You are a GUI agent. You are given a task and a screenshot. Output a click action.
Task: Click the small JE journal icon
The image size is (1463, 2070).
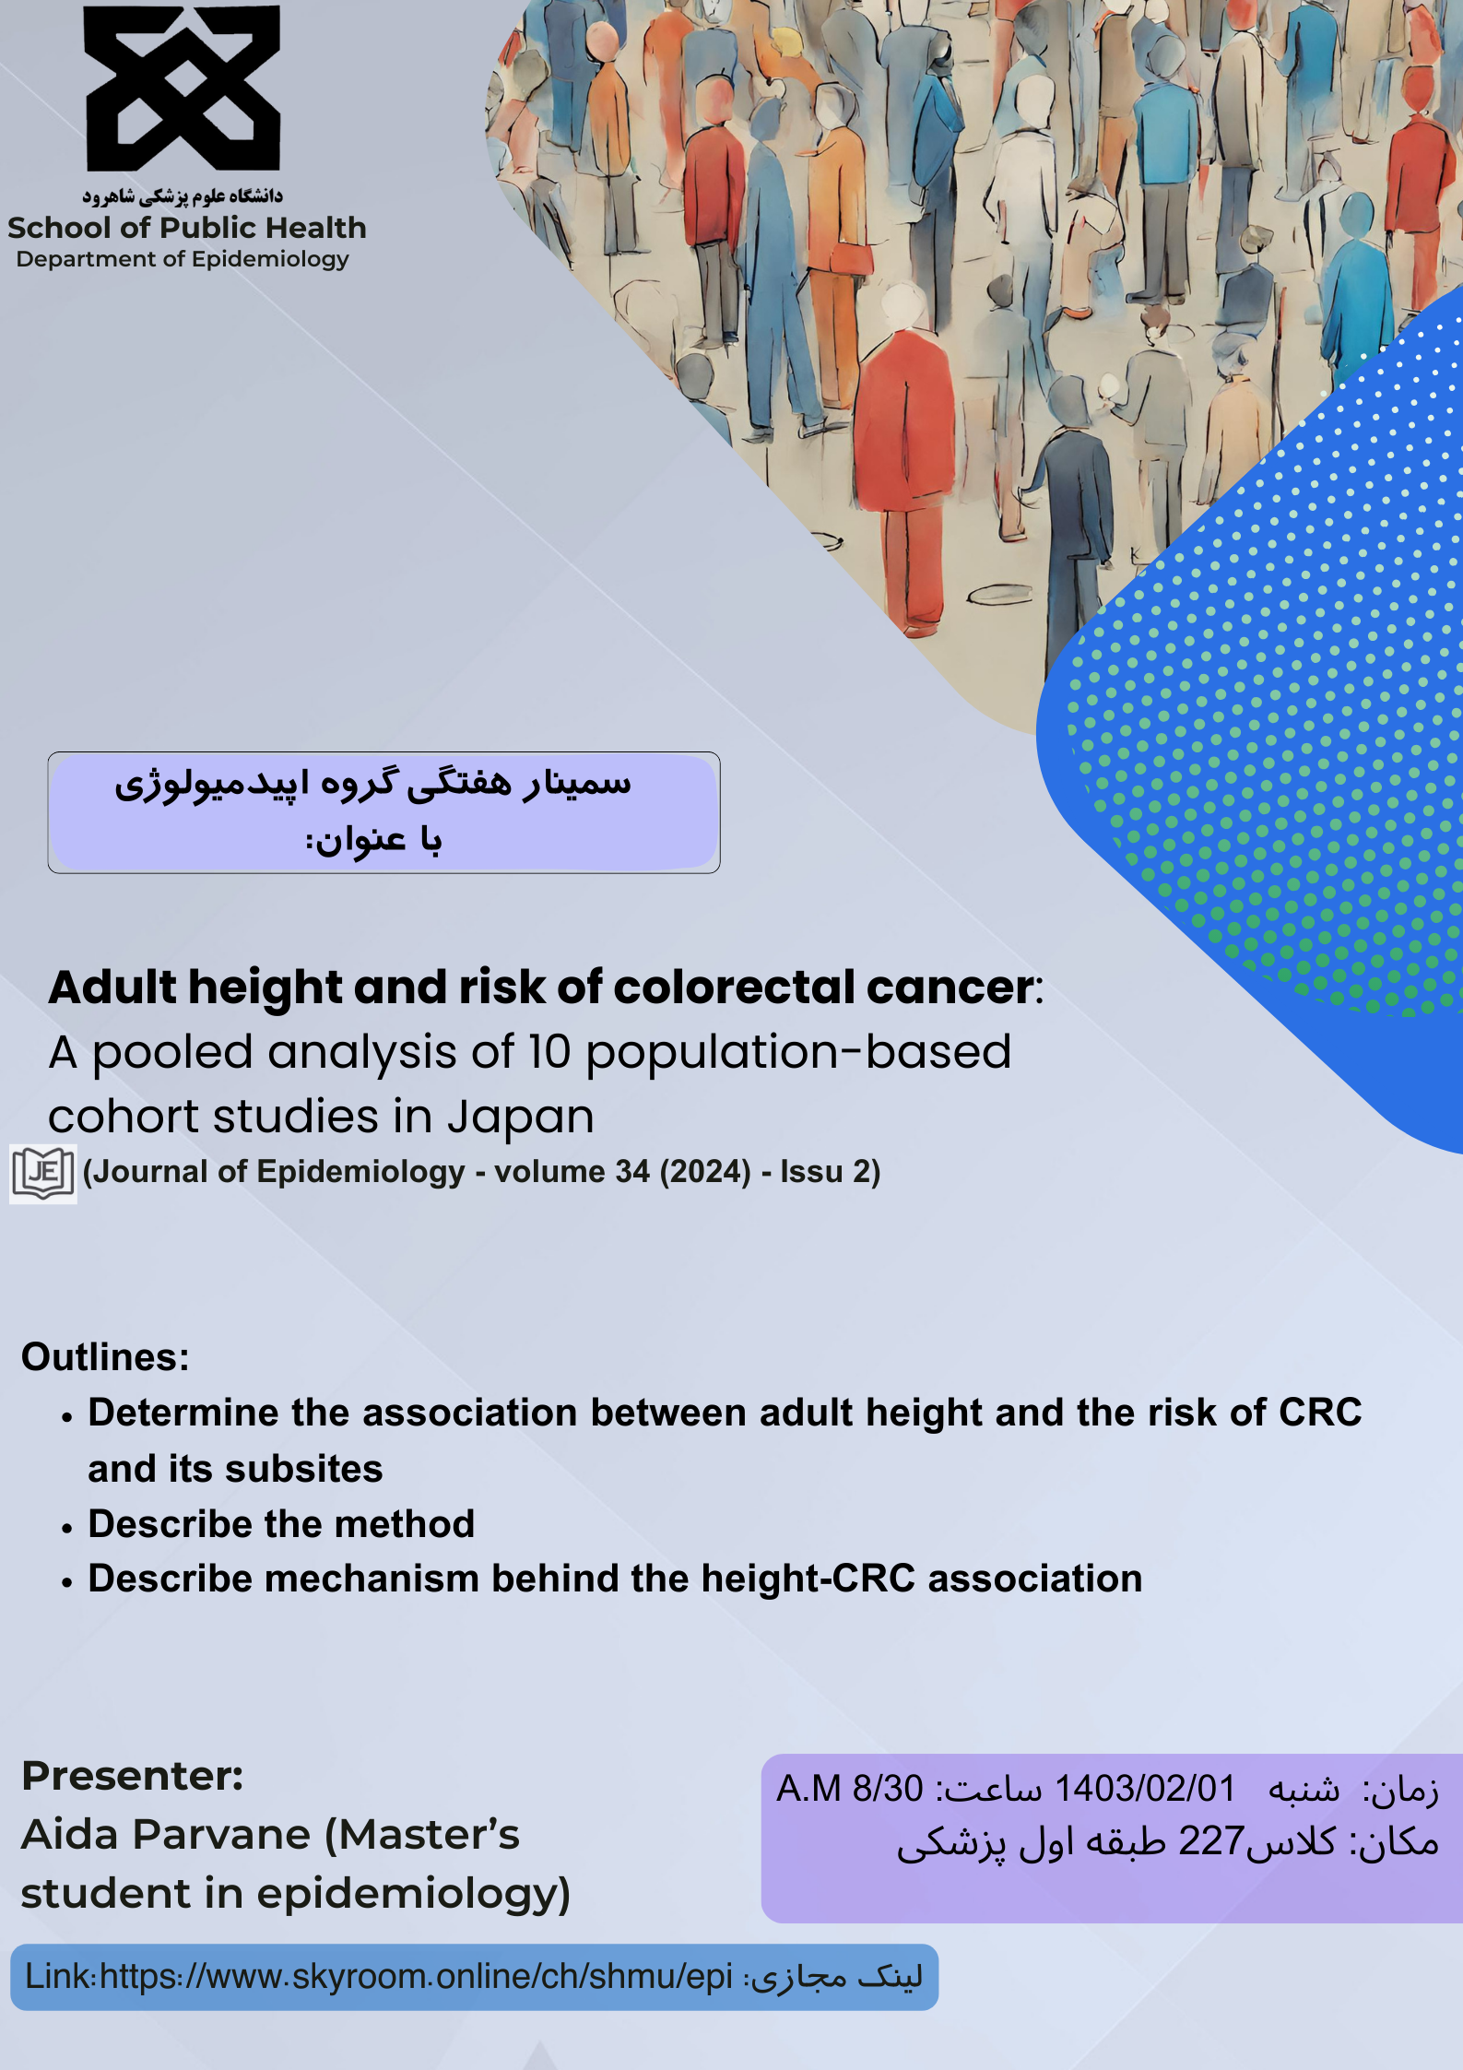pyautogui.click(x=43, y=1174)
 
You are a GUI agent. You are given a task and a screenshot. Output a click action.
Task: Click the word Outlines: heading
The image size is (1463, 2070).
pyautogui.click(x=105, y=1357)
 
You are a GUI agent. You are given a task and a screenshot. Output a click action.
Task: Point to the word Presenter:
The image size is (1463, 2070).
pyautogui.click(x=133, y=1776)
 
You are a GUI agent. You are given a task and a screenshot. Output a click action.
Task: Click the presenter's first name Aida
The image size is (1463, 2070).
pyautogui.click(x=70, y=1835)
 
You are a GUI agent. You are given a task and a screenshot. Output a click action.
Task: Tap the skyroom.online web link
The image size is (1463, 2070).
pyautogui.click(x=416, y=1976)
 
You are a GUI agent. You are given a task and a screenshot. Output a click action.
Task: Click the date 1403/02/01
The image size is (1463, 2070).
pyautogui.click(x=1144, y=1789)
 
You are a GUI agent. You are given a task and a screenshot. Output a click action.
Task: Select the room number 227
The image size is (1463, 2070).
pyautogui.click(x=1212, y=1841)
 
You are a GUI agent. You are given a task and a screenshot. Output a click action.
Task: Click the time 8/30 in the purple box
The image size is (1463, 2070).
pyautogui.click(x=887, y=1789)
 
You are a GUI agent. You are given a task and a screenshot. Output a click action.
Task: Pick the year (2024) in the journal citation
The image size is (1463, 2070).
pyautogui.click(x=705, y=1172)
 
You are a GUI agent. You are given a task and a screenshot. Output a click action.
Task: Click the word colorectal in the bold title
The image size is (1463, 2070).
pyautogui.click(x=734, y=988)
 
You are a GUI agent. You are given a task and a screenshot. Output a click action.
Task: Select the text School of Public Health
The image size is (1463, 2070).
pyautogui.click(x=187, y=228)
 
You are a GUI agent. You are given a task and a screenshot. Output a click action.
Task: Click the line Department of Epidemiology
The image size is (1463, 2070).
pyautogui.click(x=183, y=260)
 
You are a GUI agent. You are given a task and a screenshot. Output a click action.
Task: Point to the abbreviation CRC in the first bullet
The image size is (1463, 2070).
pyautogui.click(x=1319, y=1413)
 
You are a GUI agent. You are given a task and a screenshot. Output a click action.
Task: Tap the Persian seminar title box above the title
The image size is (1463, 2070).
pyautogui.click(x=383, y=812)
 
